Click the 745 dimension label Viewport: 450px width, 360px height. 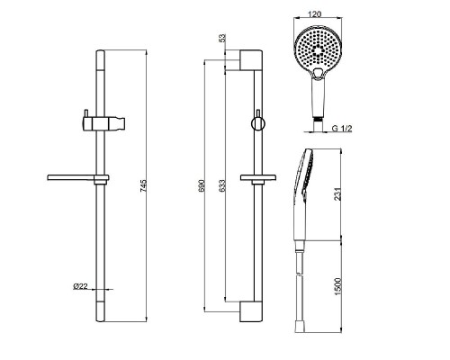tap(143, 186)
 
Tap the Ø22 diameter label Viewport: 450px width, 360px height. tap(80, 286)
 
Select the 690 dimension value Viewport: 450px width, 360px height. tap(201, 186)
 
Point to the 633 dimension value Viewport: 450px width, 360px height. tap(221, 186)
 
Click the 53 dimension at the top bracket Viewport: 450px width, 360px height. tap(222, 39)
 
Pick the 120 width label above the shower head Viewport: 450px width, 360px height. tap(315, 13)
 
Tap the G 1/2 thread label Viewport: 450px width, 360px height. tap(342, 129)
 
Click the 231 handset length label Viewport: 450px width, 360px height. tap(337, 194)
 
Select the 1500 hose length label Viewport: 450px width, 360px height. tap(338, 286)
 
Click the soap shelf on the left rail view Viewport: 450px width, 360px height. tap(78, 178)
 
